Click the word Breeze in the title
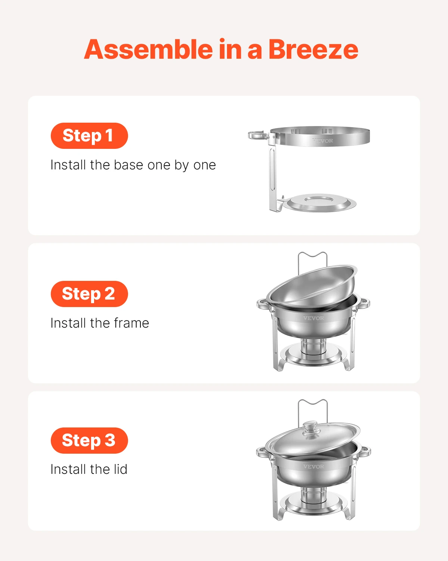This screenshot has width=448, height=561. pos(313,49)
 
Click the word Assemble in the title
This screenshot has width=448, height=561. pos(149,49)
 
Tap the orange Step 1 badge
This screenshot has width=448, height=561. pos(89,136)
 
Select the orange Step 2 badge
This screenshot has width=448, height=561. pos(89,294)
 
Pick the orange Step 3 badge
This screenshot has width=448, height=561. pos(89,441)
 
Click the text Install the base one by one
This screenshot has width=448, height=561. pos(133,165)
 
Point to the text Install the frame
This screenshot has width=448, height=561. pos(100,323)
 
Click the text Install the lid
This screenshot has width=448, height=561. pos(89,469)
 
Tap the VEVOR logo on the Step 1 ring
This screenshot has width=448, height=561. pos(323,141)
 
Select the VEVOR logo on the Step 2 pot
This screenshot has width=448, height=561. pos(314,318)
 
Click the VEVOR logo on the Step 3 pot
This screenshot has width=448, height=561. pos(314,467)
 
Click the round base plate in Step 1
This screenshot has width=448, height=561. pos(321,202)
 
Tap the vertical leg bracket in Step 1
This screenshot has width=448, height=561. pos(273,176)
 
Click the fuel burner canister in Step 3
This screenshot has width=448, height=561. pos(313,496)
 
